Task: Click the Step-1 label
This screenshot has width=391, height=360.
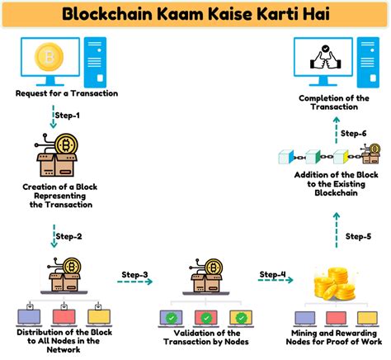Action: click(x=68, y=116)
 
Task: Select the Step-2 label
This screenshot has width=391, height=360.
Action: click(x=68, y=236)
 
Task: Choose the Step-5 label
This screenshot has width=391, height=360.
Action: click(x=357, y=236)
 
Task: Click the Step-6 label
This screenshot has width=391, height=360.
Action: click(x=352, y=133)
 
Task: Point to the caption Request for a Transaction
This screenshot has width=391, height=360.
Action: click(x=66, y=92)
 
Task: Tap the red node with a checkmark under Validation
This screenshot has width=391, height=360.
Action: click(x=205, y=317)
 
